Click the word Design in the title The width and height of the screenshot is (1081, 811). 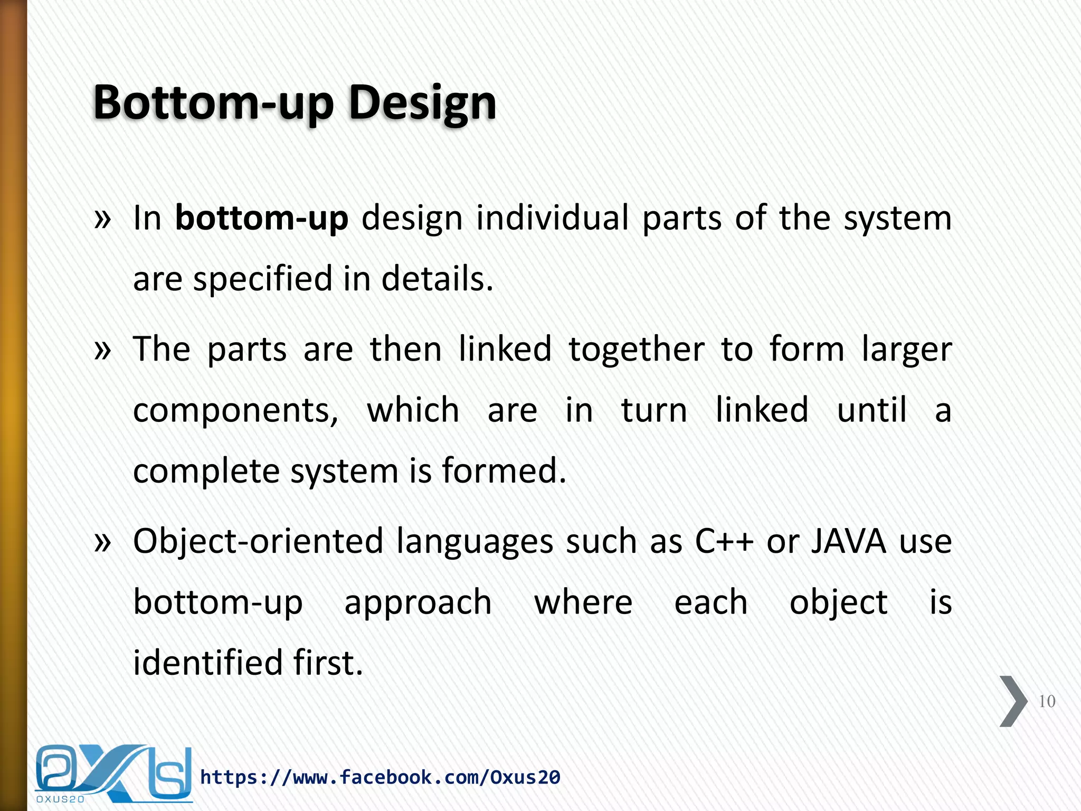[x=422, y=103]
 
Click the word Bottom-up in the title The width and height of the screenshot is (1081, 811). [x=213, y=103]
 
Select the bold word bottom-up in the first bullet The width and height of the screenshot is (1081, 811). [x=261, y=218]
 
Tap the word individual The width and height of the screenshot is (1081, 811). [x=552, y=218]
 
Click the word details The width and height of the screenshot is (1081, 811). [x=437, y=278]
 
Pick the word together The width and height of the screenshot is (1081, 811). [x=637, y=350]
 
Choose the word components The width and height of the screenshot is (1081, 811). [x=235, y=411]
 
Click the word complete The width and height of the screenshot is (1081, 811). [x=206, y=471]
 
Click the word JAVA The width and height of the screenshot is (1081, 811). [x=849, y=542]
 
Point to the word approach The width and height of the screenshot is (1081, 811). [x=418, y=603]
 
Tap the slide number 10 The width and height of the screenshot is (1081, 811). [x=1047, y=701]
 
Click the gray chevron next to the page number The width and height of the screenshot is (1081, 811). [x=1012, y=701]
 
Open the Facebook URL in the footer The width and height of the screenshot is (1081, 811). [x=380, y=777]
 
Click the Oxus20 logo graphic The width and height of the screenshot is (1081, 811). [x=113, y=774]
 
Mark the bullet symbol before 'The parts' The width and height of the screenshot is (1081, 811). [x=102, y=350]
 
